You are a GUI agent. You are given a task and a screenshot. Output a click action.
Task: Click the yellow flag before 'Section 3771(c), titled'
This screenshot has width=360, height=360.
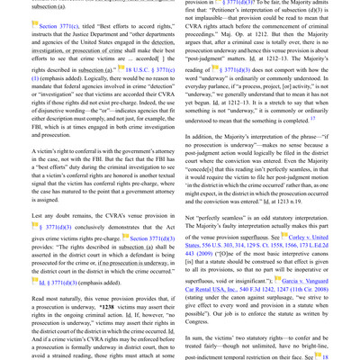tap(37, 27)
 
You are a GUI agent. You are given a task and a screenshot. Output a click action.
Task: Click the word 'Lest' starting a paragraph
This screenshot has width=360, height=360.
tap(40, 216)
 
